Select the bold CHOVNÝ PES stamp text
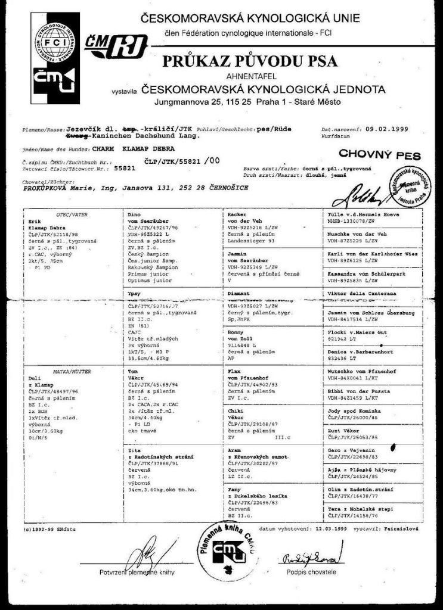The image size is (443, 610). (379, 155)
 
